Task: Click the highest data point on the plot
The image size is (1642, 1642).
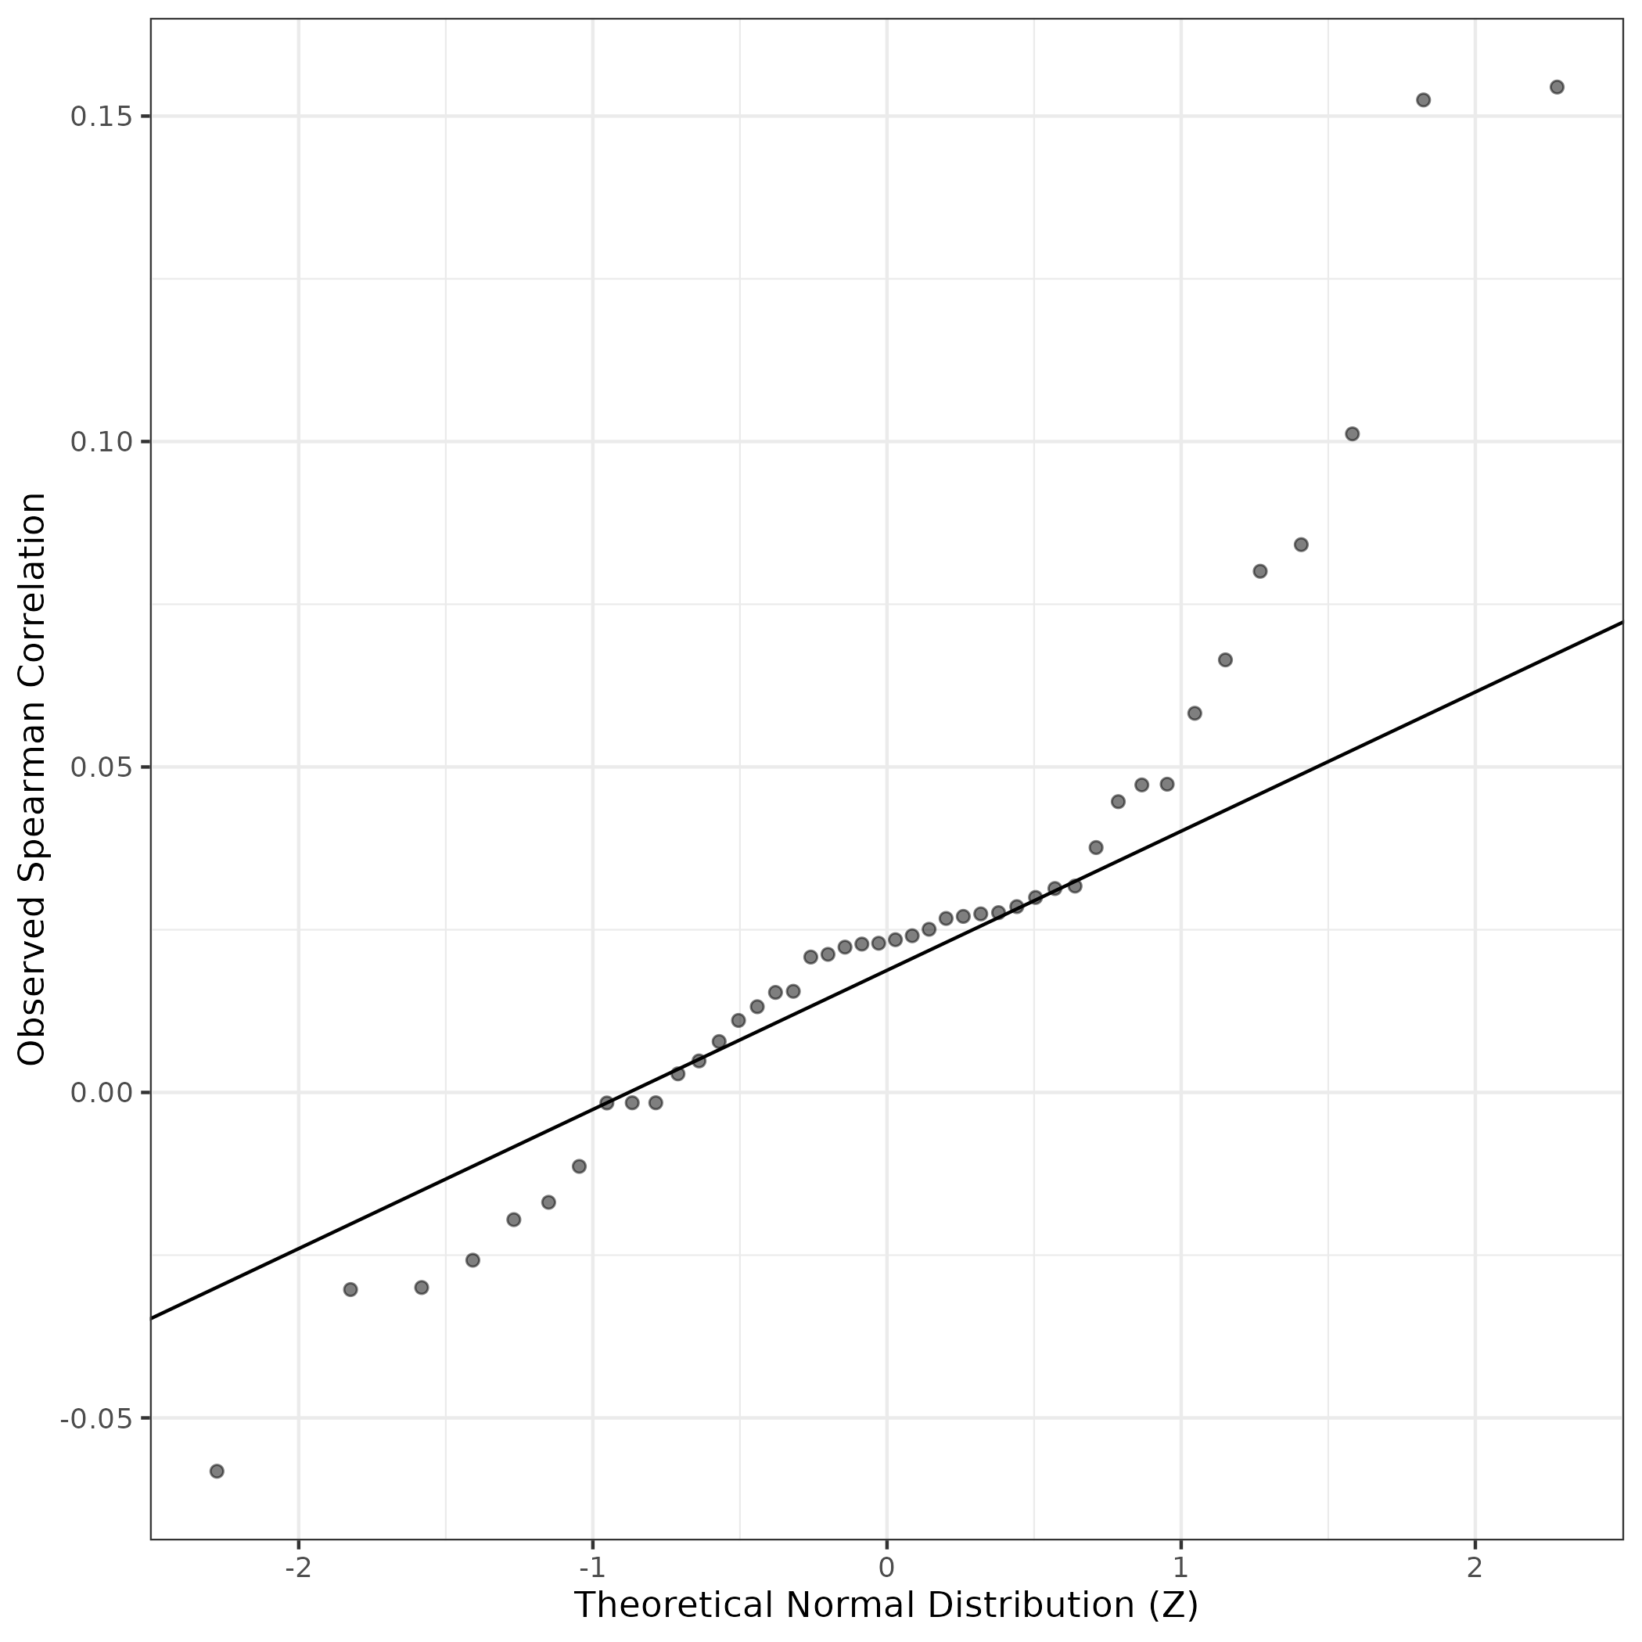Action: coord(1556,87)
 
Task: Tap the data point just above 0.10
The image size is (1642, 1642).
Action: coord(1353,433)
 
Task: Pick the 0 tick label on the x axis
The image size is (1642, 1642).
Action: coord(886,1568)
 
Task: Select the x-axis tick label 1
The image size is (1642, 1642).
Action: coord(1180,1568)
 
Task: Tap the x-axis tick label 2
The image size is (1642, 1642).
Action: coord(1475,1568)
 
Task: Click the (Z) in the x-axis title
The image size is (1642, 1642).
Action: coord(1173,1605)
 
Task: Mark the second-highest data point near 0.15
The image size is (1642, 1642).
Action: coord(1424,99)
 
